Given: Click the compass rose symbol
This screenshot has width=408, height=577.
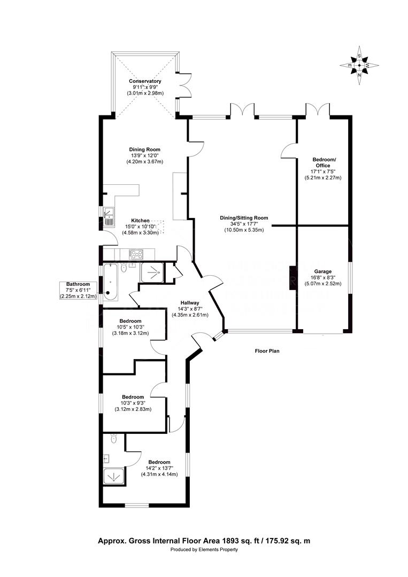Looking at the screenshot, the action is click(x=359, y=66).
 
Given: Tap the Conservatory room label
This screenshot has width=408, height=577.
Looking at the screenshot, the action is click(x=145, y=81).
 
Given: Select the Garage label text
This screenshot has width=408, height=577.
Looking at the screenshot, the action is click(x=322, y=271).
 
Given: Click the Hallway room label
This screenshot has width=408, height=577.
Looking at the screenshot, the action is click(x=190, y=303).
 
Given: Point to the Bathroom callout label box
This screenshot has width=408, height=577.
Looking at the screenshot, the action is click(x=78, y=290).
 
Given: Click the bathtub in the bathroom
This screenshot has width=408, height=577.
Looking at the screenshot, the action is click(x=110, y=282).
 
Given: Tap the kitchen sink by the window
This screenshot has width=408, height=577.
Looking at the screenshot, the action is click(x=109, y=216).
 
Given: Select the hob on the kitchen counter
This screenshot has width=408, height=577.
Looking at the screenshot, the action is click(x=136, y=254).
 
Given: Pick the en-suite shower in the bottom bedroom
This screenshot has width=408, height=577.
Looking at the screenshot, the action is click(x=114, y=476).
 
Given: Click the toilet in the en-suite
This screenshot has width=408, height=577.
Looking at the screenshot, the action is click(x=114, y=438).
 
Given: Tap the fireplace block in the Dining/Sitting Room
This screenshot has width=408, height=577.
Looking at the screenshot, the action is click(x=292, y=278).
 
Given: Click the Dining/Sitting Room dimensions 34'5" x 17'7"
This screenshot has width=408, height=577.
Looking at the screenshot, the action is click(x=244, y=224).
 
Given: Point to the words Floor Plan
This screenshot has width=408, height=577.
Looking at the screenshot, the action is click(x=267, y=350).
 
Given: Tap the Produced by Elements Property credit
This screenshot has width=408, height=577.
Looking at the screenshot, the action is click(x=204, y=549).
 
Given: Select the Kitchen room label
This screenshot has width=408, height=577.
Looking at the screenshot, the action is click(x=140, y=221).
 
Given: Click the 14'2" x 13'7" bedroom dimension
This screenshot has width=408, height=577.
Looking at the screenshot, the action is click(x=159, y=468).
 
